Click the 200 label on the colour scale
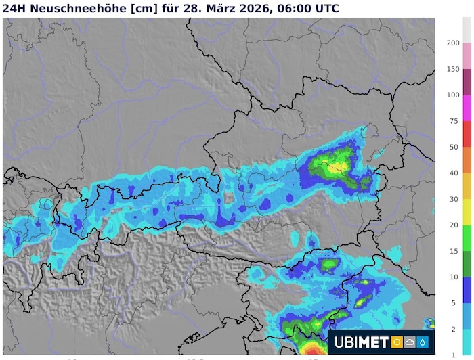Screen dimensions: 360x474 tap(453, 43)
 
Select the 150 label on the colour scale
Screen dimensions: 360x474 tap(453, 69)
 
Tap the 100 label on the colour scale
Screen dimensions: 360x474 tap(453, 95)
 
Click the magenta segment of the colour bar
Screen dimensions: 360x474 tap(439, 108)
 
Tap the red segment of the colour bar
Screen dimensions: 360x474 tap(439, 134)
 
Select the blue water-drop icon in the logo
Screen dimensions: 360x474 tap(423, 342)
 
